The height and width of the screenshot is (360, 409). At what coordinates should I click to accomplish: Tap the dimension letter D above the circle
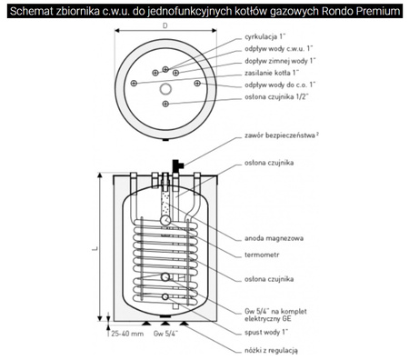click(x=165, y=25)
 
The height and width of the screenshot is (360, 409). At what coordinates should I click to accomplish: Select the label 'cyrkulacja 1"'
click(x=265, y=36)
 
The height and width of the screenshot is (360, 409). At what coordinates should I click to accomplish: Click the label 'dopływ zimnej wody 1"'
click(x=280, y=61)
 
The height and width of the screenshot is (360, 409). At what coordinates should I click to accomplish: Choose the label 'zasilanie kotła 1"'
click(x=272, y=73)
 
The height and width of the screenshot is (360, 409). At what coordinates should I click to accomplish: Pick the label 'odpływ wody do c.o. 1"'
click(x=280, y=85)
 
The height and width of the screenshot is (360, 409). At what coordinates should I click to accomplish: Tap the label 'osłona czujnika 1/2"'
click(x=276, y=97)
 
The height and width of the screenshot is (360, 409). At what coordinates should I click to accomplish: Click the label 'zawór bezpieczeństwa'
click(x=280, y=135)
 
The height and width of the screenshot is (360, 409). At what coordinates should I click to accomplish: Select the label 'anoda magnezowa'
click(x=274, y=238)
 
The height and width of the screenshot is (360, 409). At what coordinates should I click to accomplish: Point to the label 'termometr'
click(x=262, y=255)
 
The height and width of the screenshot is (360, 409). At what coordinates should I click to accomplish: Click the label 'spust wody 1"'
click(x=266, y=332)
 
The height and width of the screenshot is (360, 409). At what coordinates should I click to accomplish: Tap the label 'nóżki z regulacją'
click(x=271, y=351)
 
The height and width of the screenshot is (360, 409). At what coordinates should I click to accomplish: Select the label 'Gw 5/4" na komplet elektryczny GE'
click(x=275, y=315)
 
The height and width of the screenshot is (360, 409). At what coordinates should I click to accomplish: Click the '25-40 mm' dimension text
click(x=127, y=334)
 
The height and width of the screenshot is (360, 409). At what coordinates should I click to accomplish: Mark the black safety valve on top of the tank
click(x=177, y=166)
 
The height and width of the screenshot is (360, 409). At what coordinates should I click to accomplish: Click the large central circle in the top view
click(x=165, y=89)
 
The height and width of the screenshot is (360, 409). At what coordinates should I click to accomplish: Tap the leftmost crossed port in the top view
click(x=134, y=83)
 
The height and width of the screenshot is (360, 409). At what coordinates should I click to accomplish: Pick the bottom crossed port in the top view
click(x=165, y=104)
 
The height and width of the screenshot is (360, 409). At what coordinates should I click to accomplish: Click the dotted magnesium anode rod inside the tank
click(x=165, y=203)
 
